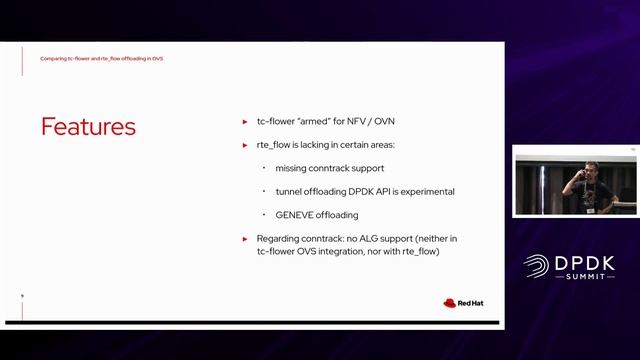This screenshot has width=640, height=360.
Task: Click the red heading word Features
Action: point(88,127)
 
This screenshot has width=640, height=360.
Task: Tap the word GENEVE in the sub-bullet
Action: point(297,215)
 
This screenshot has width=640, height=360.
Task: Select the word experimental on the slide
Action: point(427,191)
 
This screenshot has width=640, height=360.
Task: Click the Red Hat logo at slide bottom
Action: point(463,303)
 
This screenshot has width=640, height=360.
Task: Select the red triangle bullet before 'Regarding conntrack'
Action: point(245,238)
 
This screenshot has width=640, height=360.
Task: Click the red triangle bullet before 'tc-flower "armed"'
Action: point(245,122)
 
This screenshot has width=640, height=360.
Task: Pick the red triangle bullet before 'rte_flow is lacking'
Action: point(245,145)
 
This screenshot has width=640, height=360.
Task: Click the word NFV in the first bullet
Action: point(352,122)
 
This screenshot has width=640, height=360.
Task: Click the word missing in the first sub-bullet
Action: point(293,168)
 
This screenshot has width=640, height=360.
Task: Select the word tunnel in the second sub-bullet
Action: point(291,191)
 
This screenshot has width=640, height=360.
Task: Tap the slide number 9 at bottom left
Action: point(23,295)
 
